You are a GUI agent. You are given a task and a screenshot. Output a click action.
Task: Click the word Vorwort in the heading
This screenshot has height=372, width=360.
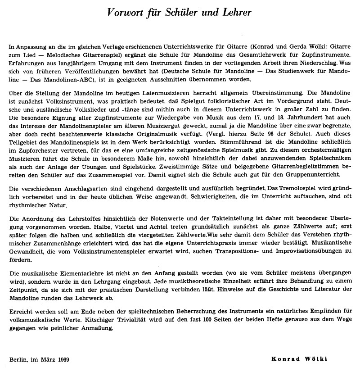pyautogui.click(x=130, y=12)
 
